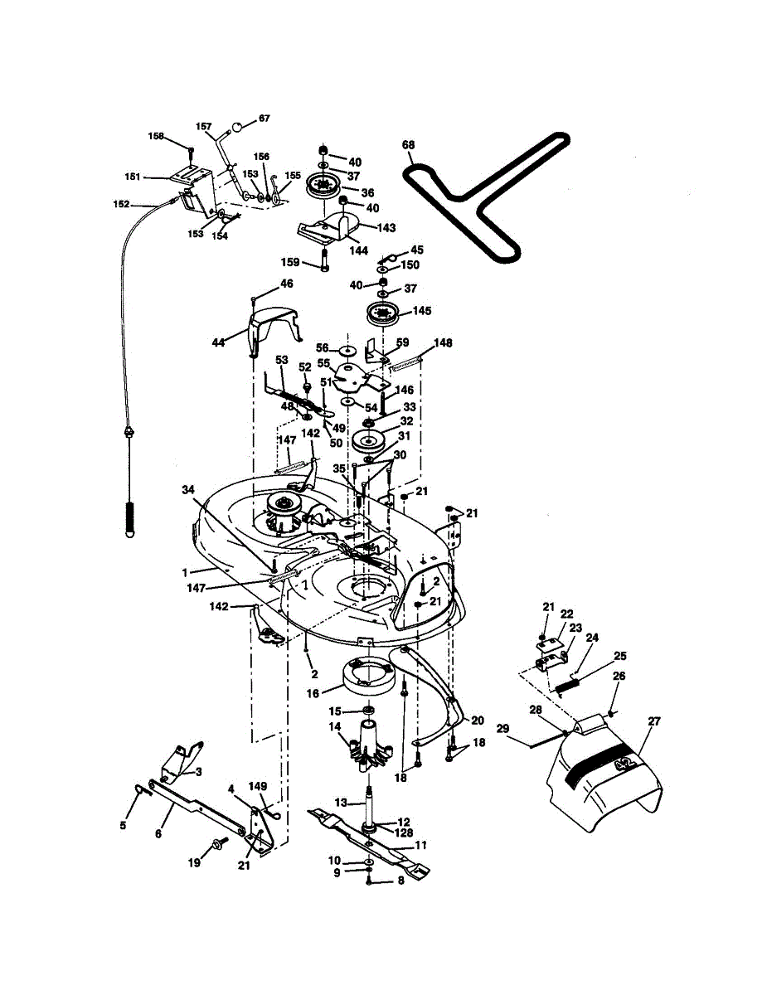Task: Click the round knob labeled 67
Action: (x=238, y=127)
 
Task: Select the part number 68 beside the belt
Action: (x=408, y=145)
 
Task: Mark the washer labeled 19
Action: (x=219, y=843)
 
